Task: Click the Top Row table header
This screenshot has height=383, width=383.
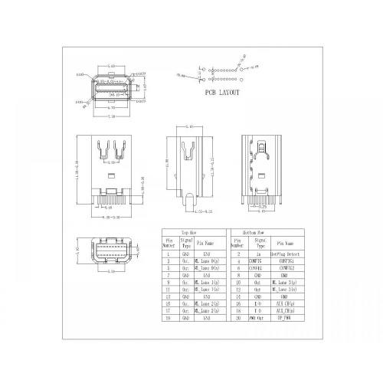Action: pos(190,230)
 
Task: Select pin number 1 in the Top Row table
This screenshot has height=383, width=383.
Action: pos(168,252)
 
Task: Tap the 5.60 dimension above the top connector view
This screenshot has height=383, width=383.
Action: pos(112,67)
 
